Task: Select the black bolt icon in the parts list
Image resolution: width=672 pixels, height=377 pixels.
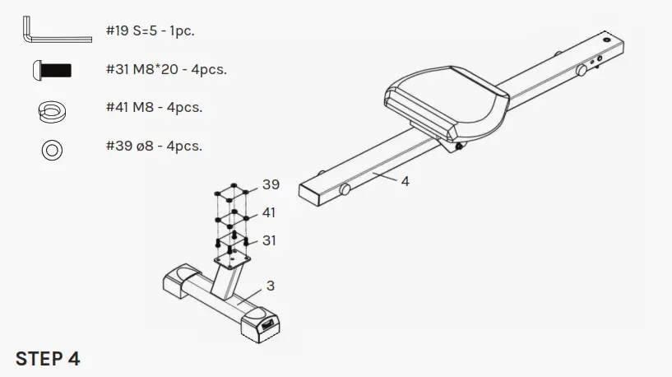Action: [51, 70]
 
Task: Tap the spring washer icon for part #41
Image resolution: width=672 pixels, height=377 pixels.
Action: [52, 109]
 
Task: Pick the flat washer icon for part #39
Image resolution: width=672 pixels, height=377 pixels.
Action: [52, 148]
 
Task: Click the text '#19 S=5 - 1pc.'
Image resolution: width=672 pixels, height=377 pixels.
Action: [151, 31]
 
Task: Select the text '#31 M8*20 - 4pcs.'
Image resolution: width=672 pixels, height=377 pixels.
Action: [166, 69]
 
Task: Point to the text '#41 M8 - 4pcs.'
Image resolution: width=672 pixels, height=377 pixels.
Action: [154, 108]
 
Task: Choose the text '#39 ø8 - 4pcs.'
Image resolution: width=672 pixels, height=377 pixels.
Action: [154, 147]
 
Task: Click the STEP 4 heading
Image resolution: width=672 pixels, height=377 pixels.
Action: [48, 359]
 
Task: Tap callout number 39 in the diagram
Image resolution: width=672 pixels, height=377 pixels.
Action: [271, 184]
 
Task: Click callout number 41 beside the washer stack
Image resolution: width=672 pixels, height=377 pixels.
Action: [269, 213]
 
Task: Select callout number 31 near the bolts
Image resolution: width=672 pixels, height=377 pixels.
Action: [269, 241]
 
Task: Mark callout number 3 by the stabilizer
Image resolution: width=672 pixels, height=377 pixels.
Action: [270, 286]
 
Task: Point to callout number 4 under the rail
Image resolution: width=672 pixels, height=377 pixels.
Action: [405, 180]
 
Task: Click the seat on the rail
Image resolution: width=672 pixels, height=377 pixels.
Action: [444, 103]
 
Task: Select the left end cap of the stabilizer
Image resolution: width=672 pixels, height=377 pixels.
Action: [177, 281]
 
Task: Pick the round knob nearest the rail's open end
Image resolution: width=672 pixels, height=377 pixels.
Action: [345, 190]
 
